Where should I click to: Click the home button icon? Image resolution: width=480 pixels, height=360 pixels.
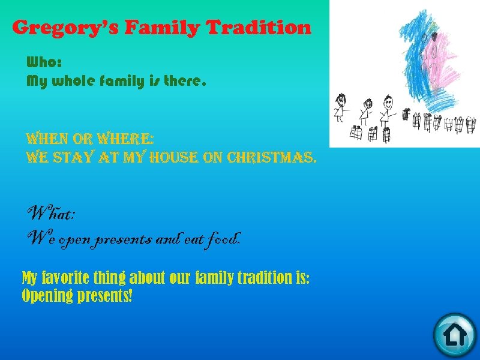pyautogui.click(x=454, y=334)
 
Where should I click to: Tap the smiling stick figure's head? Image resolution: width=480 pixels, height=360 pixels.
pyautogui.click(x=388, y=101)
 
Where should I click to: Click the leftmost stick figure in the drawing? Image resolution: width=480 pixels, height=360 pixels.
pyautogui.click(x=341, y=106)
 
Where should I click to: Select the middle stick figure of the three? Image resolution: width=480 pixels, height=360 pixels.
pyautogui.click(x=365, y=109)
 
